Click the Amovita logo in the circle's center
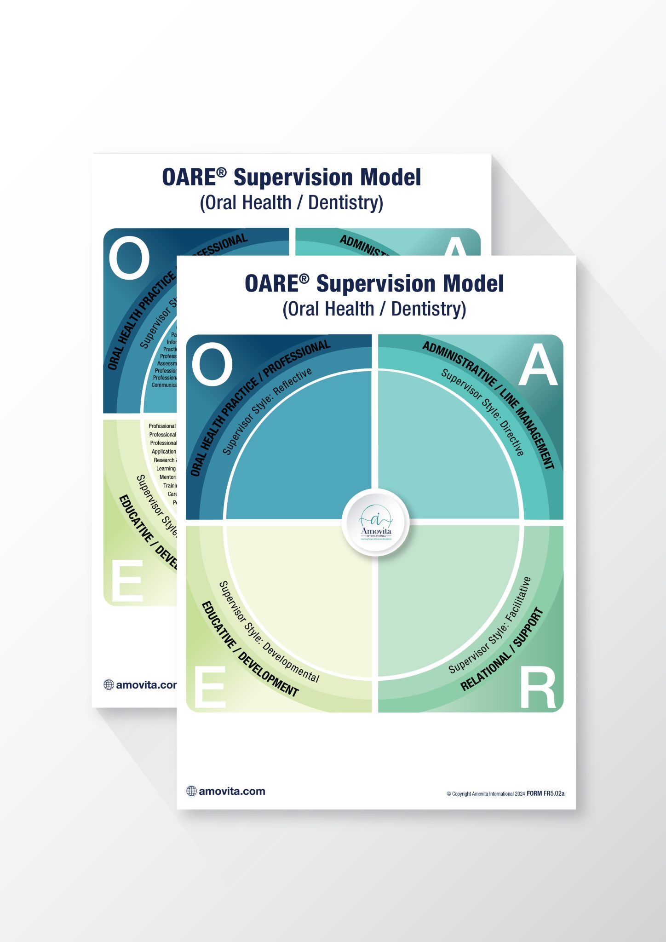coord(376,523)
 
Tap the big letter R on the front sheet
coord(537,689)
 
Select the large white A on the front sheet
coord(538,366)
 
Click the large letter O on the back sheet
coord(129,258)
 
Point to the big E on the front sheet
coord(210,688)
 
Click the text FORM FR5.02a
coord(545,793)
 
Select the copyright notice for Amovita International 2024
coord(485,794)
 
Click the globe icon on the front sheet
coord(191,791)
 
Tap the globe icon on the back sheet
coord(109,685)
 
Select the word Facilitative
coord(519,599)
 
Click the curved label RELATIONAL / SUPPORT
coord(503,650)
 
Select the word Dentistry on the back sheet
coord(345,202)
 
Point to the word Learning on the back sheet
coord(166,469)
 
